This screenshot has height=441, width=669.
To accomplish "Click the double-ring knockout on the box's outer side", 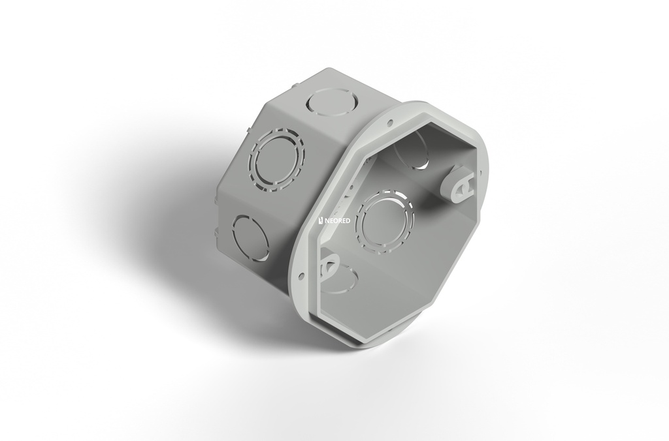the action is pyautogui.click(x=277, y=159).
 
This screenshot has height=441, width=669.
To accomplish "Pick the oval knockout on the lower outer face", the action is pyautogui.click(x=251, y=237).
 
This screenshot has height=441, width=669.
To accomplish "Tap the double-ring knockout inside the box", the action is pyautogui.click(x=387, y=220).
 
